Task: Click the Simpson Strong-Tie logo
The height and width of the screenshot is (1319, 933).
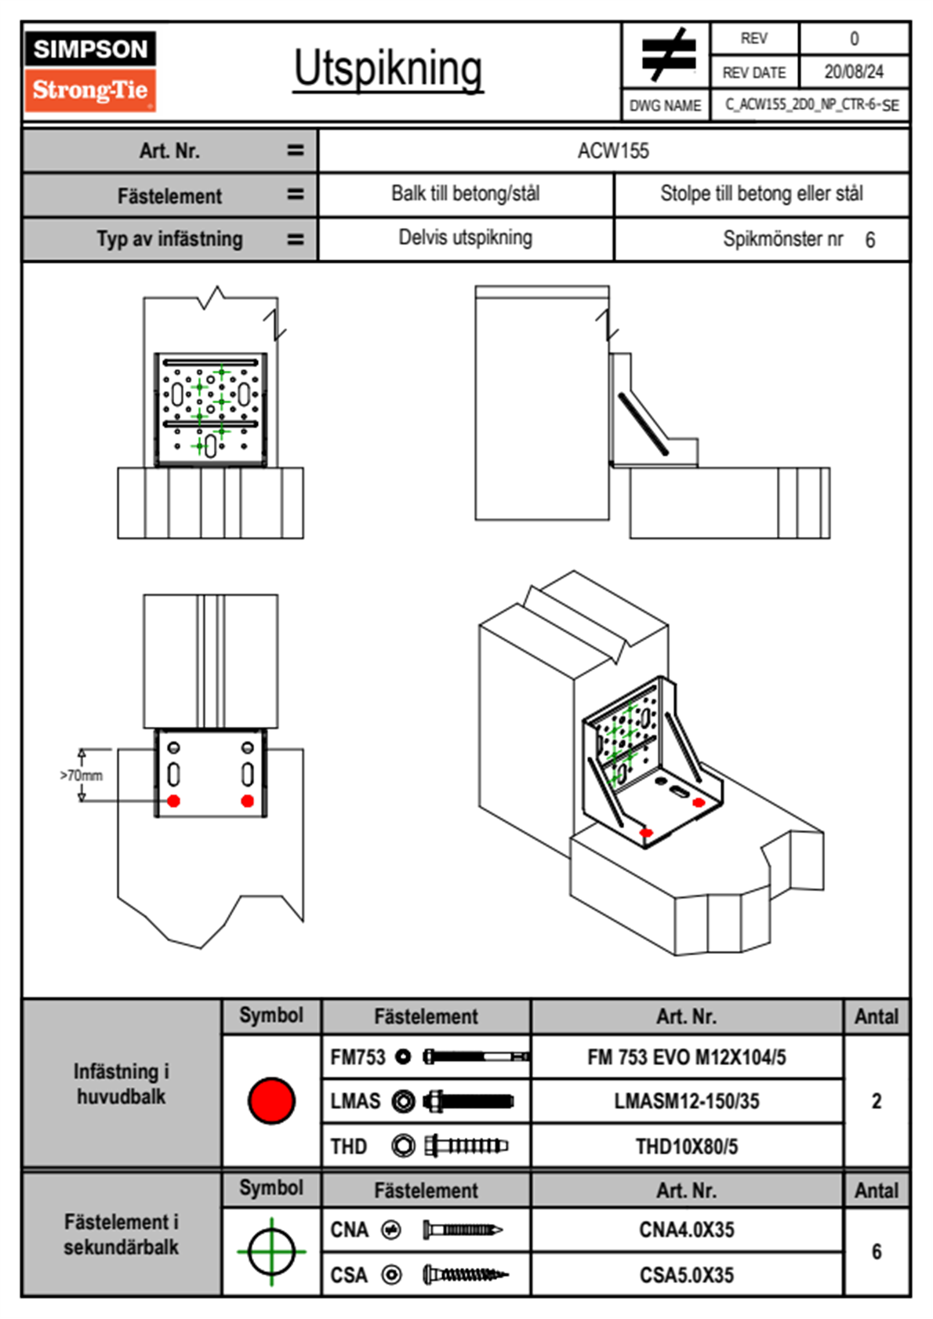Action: [90, 71]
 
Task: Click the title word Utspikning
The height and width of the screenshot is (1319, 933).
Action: [388, 69]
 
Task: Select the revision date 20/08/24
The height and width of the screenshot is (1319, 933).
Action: [853, 72]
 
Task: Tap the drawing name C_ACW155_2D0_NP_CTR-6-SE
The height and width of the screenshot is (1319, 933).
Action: [811, 105]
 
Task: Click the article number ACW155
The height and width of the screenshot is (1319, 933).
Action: [613, 151]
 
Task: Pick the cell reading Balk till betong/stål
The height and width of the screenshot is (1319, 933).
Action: [465, 194]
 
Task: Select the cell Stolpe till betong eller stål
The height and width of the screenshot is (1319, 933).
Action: [761, 194]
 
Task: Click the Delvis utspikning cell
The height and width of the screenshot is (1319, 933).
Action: [465, 238]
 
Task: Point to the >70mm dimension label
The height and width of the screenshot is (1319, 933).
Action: [82, 776]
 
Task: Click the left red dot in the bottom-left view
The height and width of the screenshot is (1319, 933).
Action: [174, 801]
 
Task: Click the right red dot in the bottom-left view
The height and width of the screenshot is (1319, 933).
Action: [248, 801]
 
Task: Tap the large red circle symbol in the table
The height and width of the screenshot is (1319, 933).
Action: [271, 1100]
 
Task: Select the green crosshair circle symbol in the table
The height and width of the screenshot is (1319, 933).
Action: [271, 1252]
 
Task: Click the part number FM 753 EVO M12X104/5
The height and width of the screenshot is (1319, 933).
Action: [686, 1057]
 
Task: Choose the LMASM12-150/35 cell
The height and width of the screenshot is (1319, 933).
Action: [686, 1101]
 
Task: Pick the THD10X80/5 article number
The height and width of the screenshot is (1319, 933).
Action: [686, 1146]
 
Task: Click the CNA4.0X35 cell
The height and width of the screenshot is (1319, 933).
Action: [686, 1230]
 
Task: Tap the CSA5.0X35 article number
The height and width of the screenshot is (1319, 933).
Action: [686, 1275]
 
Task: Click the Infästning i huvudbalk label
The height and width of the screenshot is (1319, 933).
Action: [121, 1084]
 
